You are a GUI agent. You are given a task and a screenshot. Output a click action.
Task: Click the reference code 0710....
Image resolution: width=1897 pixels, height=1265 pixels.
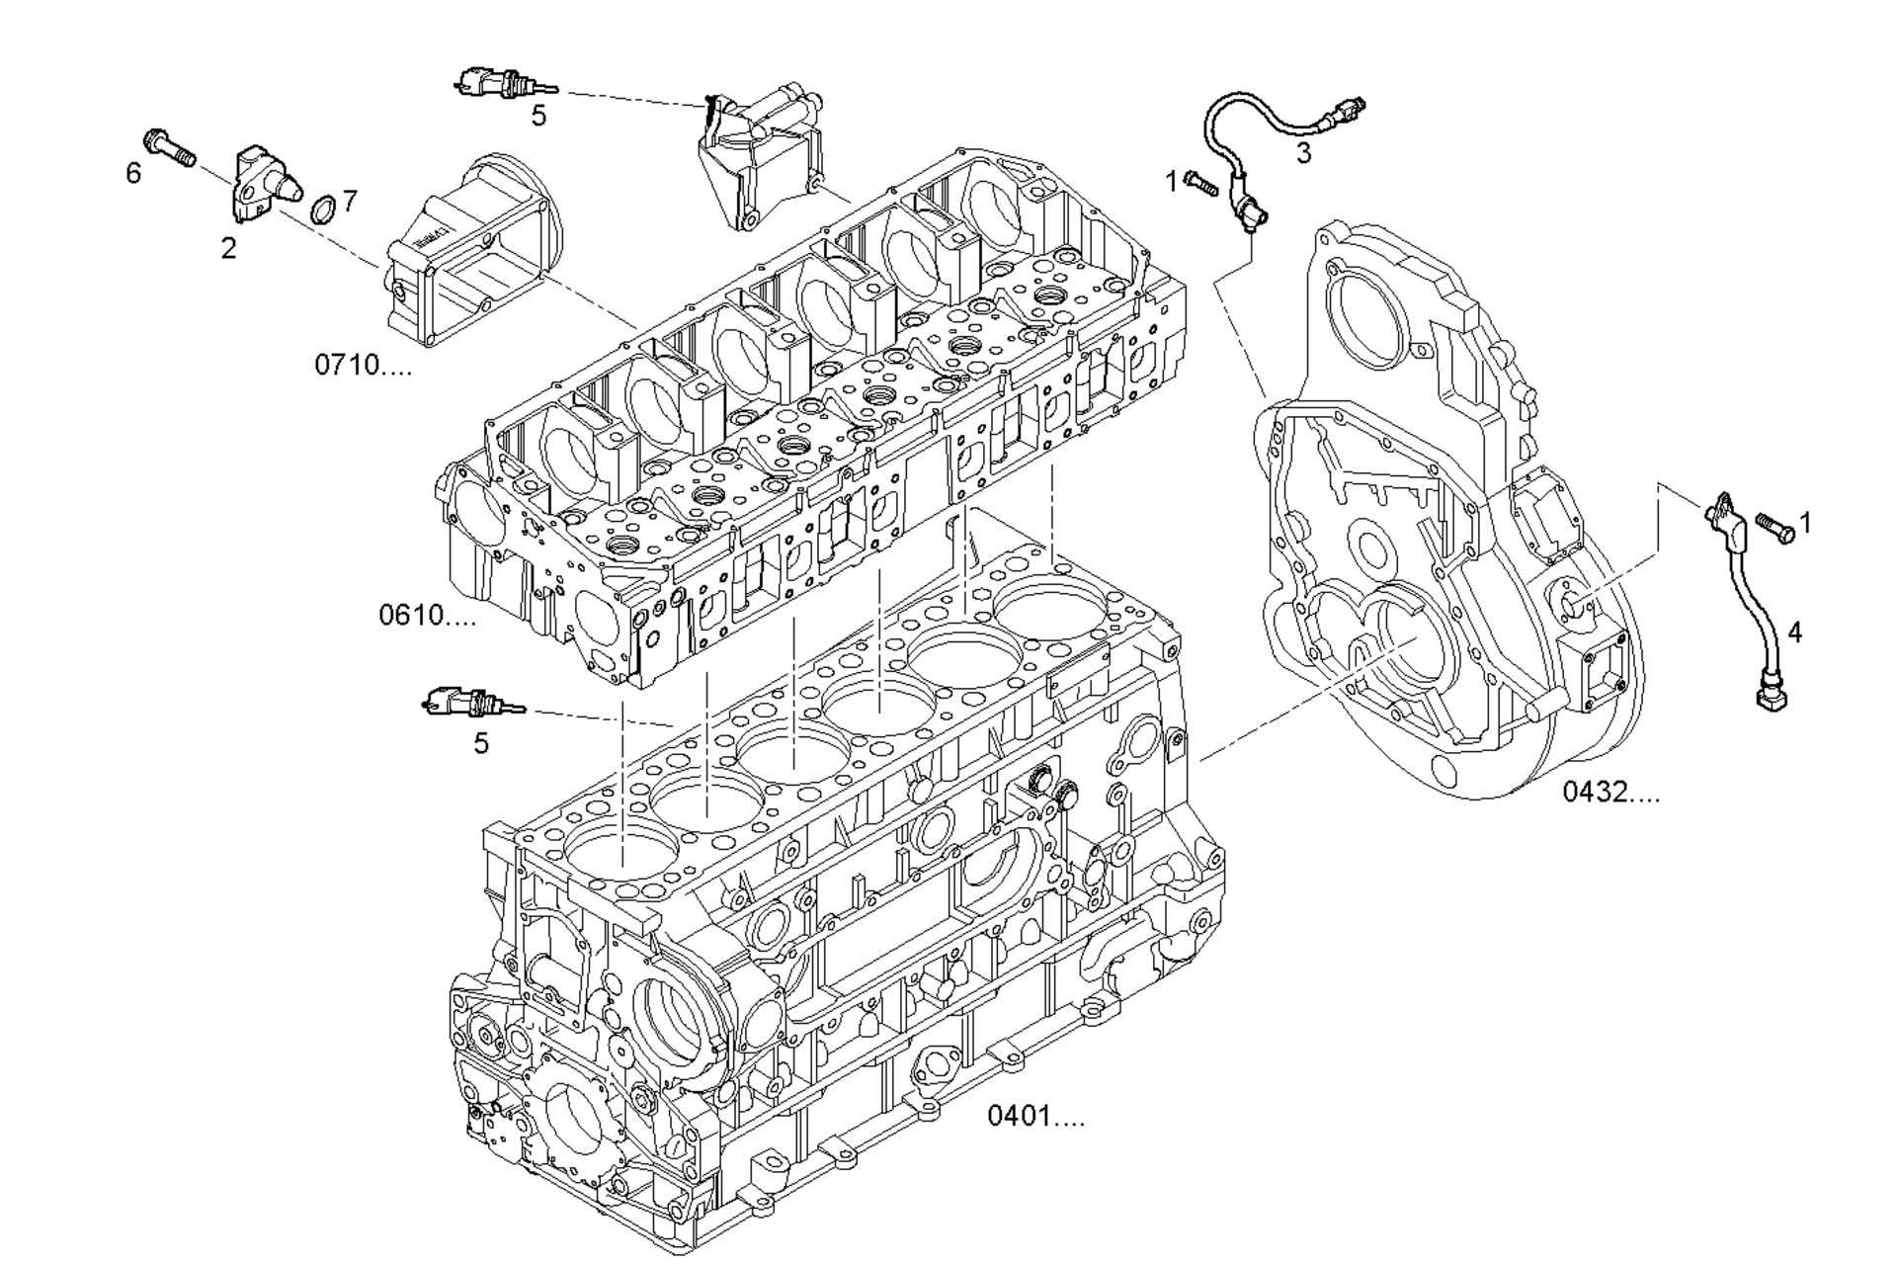363,365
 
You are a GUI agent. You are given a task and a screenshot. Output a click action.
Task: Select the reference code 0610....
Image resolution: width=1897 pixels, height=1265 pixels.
427,616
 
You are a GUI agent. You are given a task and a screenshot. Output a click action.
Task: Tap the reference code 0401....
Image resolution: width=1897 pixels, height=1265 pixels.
1035,1117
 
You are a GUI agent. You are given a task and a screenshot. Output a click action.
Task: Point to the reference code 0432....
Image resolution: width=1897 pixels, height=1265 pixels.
1611,792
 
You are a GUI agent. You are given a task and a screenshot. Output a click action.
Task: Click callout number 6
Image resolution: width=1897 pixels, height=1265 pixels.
133,173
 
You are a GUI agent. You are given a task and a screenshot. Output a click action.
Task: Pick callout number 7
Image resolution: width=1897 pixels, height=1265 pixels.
349,201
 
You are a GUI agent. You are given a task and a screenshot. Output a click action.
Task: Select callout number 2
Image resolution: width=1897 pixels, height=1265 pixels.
228,248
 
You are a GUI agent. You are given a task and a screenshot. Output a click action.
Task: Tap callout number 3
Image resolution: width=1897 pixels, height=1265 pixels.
1303,153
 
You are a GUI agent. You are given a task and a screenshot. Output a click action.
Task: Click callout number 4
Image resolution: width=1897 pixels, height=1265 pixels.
1794,632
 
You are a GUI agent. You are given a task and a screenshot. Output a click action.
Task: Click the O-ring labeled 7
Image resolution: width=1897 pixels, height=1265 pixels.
322,210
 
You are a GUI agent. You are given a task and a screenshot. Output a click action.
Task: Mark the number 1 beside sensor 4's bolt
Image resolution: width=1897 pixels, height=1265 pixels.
1805,522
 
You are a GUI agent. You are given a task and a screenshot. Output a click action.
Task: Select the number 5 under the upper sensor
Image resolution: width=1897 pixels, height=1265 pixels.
538,116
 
